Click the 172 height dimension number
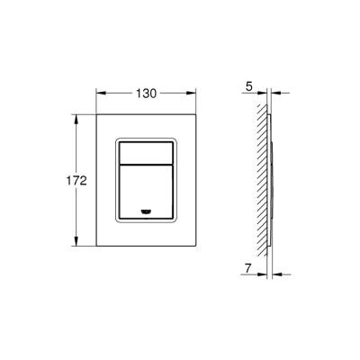click(76, 180)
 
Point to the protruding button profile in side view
click(273, 180)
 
